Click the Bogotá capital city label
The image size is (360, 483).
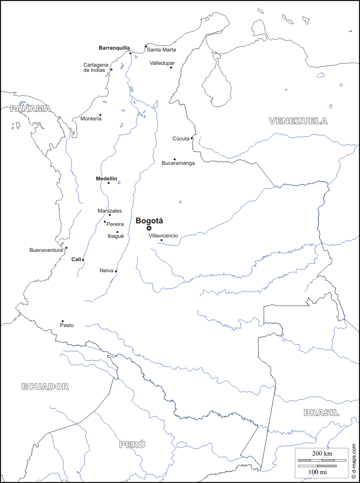click(x=149, y=221)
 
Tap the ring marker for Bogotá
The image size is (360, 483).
click(x=149, y=228)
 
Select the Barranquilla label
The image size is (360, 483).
click(x=114, y=48)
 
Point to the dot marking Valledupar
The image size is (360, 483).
click(x=171, y=67)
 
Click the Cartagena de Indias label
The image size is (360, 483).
click(x=96, y=67)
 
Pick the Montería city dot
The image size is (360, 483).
click(x=100, y=115)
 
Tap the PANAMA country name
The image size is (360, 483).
click(x=30, y=109)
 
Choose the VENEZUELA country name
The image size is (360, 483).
click(x=298, y=121)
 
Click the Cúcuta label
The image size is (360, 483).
click(x=181, y=139)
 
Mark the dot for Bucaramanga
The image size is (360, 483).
click(x=174, y=159)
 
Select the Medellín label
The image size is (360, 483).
click(x=106, y=179)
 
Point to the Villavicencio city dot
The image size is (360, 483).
click(x=161, y=240)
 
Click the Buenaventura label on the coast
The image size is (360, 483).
click(x=46, y=250)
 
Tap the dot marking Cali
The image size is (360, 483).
click(x=83, y=260)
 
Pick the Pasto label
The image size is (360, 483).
click(x=67, y=325)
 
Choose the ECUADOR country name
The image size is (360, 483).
click(x=45, y=387)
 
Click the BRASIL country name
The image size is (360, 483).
click(x=321, y=413)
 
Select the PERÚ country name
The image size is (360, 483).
click(x=132, y=444)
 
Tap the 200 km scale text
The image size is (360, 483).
click(x=322, y=453)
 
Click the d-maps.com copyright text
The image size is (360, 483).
click(x=354, y=461)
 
